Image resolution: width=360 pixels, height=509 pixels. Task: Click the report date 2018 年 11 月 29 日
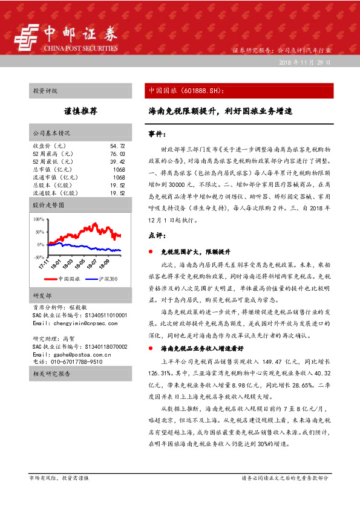click(x=304, y=62)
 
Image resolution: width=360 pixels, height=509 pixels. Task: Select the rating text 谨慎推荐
click(x=80, y=112)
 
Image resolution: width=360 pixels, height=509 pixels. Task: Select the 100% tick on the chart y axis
click(x=39, y=219)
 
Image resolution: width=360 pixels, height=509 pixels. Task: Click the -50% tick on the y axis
click(x=39, y=257)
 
